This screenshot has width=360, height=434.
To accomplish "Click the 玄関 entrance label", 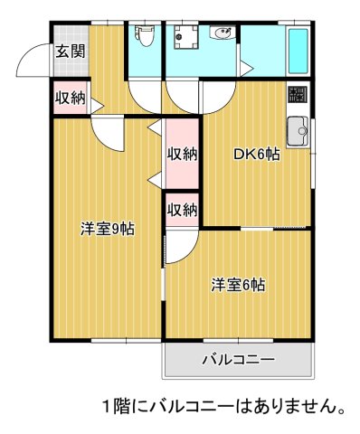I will coord(70,52).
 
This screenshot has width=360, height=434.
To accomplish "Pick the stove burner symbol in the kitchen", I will coord(297,95).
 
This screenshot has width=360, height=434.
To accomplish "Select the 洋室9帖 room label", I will coord(107,229).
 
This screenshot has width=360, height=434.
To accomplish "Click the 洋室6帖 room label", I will coord(238,285).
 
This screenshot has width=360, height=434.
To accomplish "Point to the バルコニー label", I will coord(237,361).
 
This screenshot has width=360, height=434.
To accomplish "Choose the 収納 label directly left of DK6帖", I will coord(182,154).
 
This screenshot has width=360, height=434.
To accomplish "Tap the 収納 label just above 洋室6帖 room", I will coord(182,210).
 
